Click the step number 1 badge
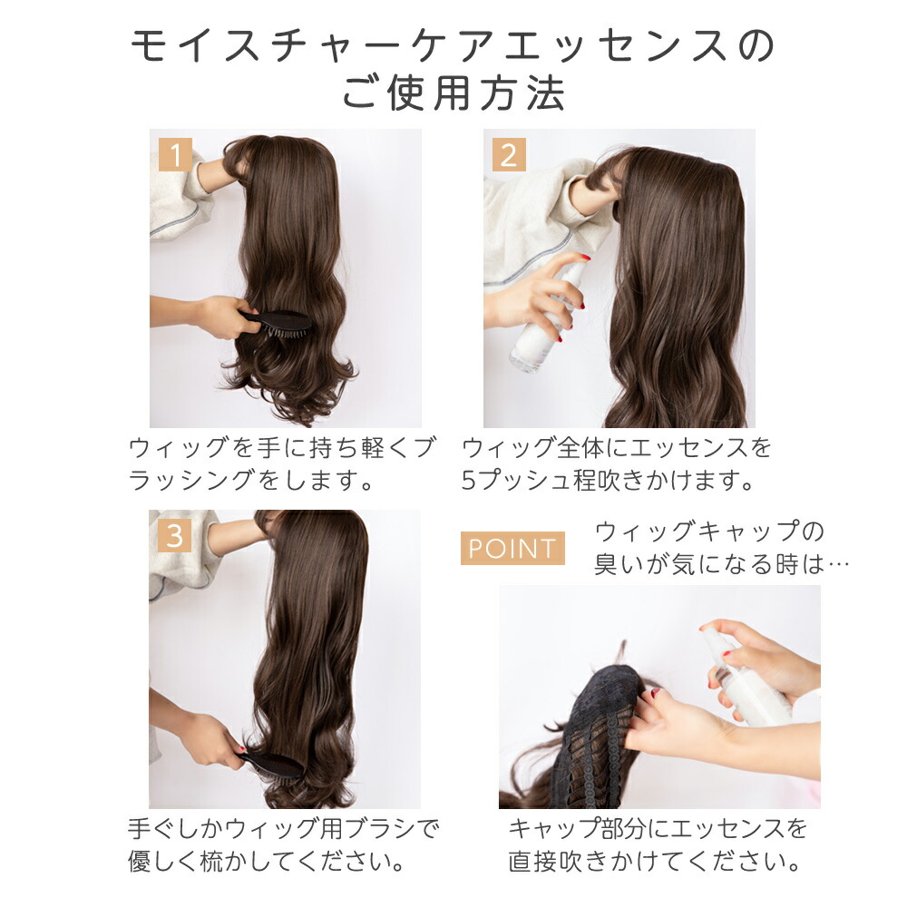pos(175,154)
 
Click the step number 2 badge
pos(509,154)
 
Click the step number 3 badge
pos(175,536)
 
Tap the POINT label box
pos(512,548)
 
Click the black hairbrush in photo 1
pos(277,323)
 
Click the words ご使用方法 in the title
pos(453,93)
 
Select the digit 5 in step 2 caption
pos(469,480)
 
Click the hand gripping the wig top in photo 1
pos(224,172)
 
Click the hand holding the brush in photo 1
pos(224,317)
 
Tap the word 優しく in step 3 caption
pos(163,862)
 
